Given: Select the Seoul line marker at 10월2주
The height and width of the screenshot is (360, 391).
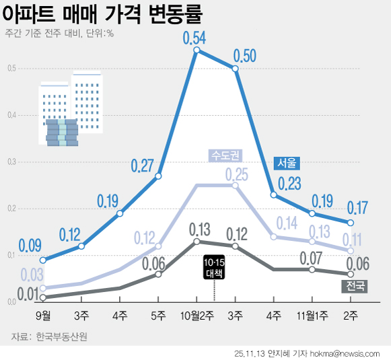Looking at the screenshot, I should [x=197, y=50].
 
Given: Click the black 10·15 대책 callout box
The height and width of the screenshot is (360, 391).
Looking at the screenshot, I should [x=215, y=267].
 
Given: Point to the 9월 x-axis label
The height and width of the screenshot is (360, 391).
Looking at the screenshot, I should [x=42, y=314].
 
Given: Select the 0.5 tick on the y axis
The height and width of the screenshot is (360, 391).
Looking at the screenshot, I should [x=11, y=68].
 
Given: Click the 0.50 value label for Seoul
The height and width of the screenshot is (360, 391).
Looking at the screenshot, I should [x=244, y=56].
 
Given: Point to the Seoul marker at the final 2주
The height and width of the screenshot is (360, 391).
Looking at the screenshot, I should [x=351, y=222].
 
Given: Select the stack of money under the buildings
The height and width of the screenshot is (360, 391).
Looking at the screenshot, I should [x=62, y=133].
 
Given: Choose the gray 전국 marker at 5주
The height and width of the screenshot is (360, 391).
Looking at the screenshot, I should [x=158, y=274].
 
